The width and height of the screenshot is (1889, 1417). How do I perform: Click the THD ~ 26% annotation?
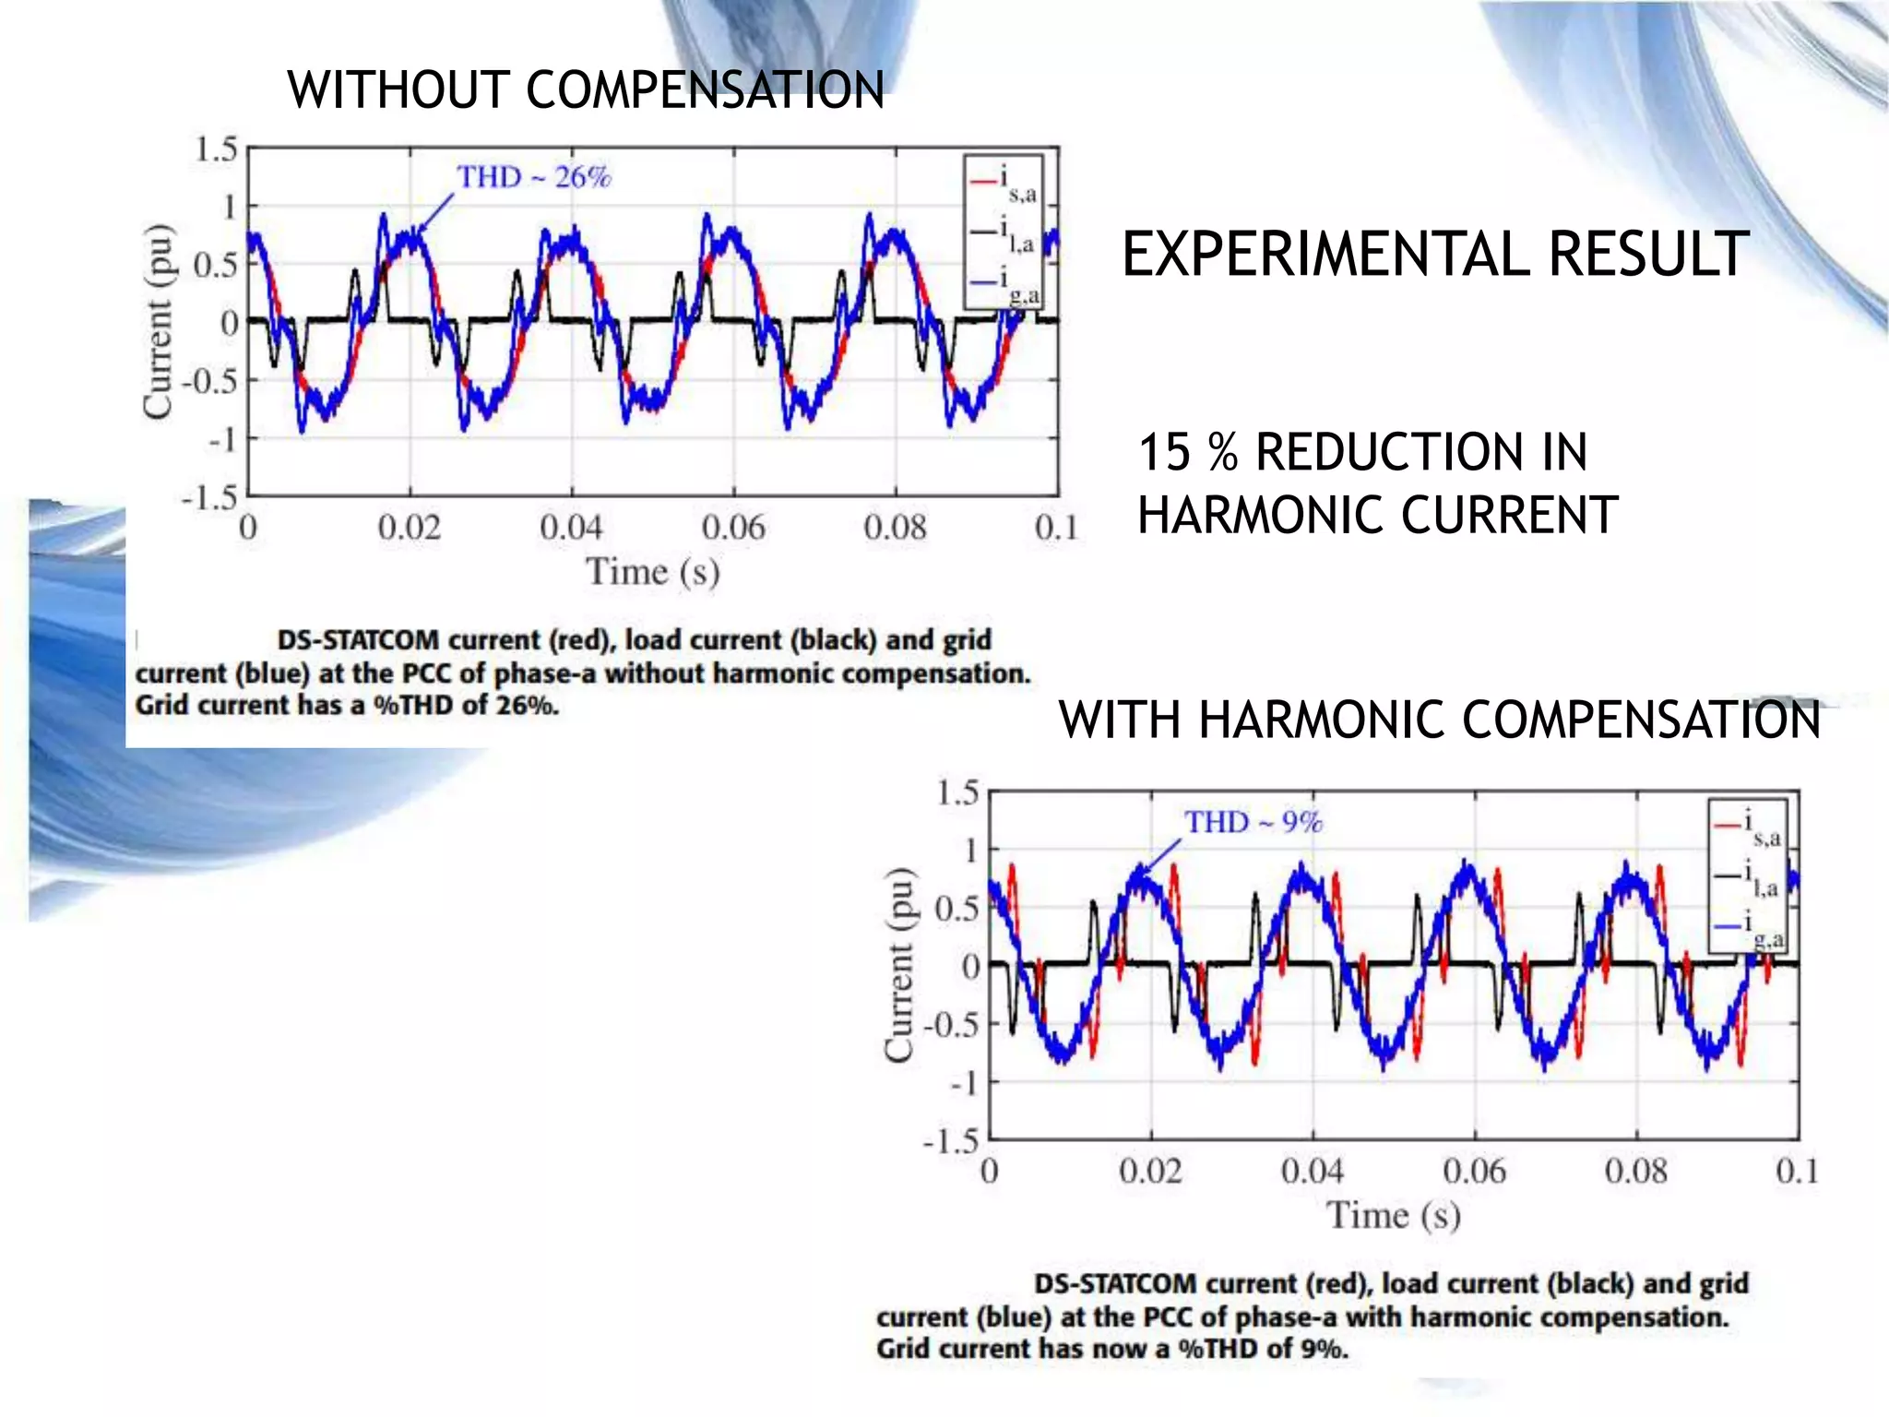[534, 176]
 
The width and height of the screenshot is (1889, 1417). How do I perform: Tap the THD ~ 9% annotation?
[1253, 821]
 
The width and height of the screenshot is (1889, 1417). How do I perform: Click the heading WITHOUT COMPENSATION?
[586, 90]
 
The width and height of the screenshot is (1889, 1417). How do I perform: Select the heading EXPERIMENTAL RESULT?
[1434, 255]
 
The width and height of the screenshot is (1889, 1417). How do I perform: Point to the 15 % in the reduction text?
[1187, 453]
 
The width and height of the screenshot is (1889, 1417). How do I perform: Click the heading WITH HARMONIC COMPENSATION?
[1439, 720]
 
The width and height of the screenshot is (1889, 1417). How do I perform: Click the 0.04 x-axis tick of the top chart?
[571, 528]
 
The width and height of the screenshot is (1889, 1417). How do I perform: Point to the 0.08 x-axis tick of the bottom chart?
[1635, 1172]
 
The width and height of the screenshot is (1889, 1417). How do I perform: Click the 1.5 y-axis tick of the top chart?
[216, 149]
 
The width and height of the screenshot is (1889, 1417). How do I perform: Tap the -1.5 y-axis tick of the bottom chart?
[951, 1142]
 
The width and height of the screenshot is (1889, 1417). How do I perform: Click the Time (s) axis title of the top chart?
[653, 572]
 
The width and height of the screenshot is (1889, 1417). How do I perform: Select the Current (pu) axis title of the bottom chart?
[898, 965]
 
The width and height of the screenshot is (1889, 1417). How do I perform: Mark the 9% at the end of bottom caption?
[1324, 1349]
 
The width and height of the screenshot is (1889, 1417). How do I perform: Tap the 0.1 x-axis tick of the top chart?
[1056, 528]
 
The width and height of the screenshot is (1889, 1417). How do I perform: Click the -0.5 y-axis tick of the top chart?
[209, 380]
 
